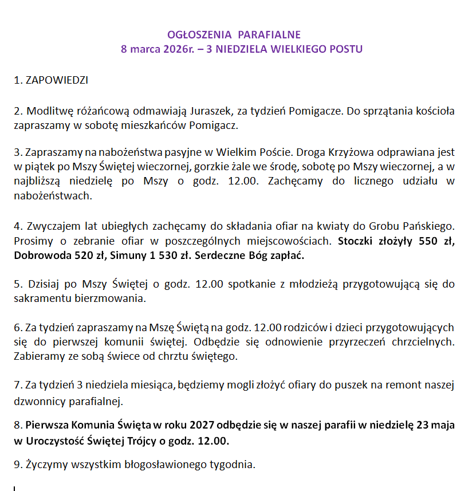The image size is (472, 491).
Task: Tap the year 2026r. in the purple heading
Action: click(x=171, y=49)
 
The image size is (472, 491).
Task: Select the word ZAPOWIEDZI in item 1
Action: click(x=57, y=80)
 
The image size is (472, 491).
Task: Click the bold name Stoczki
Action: click(x=358, y=241)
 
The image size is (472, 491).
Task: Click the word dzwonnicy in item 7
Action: click(x=36, y=400)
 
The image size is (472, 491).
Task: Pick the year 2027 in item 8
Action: click(x=203, y=426)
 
